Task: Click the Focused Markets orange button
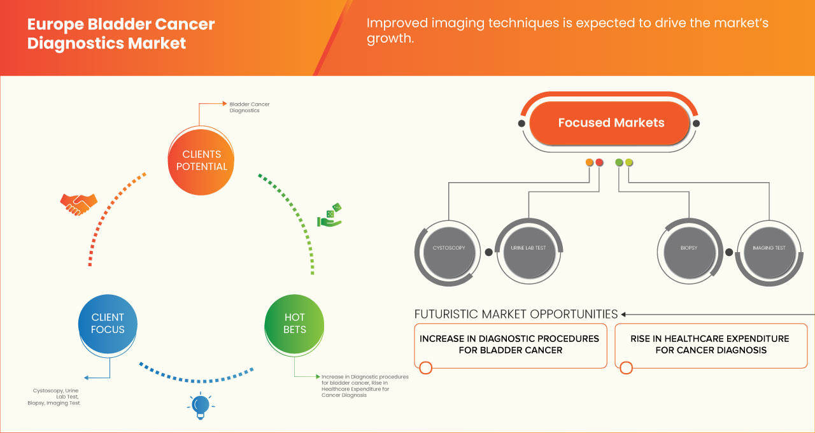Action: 611,123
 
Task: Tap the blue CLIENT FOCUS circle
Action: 108,323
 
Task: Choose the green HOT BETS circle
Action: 295,323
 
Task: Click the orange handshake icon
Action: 78,204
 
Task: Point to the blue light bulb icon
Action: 201,406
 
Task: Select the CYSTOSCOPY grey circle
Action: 449,248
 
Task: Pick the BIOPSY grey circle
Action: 688,248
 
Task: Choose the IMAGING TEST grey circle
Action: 769,248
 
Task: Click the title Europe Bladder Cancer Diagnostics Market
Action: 121,34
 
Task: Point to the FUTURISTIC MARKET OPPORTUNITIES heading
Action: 516,314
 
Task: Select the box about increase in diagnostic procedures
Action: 509,344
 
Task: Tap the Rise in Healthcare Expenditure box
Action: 709,344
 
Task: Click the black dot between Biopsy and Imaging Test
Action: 728,252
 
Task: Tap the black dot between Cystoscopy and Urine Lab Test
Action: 488,252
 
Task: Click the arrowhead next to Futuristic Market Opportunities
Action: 624,314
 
